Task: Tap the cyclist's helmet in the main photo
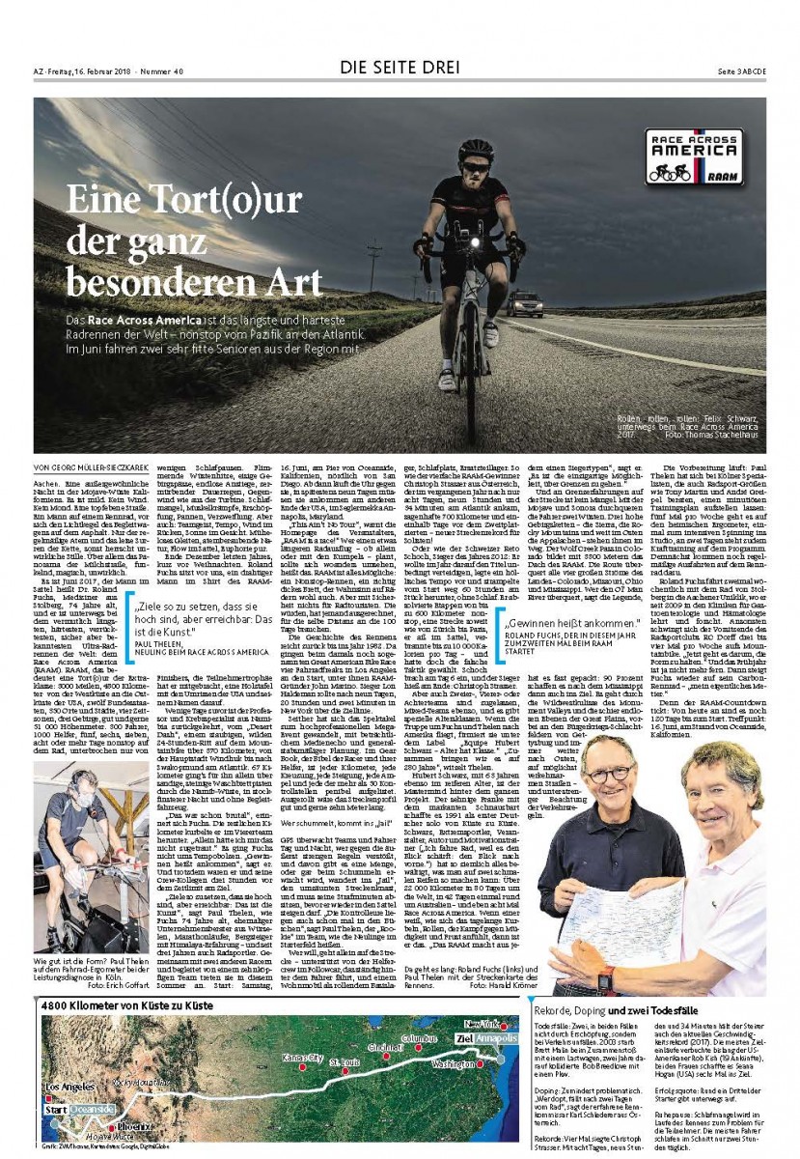pyautogui.click(x=475, y=151)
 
